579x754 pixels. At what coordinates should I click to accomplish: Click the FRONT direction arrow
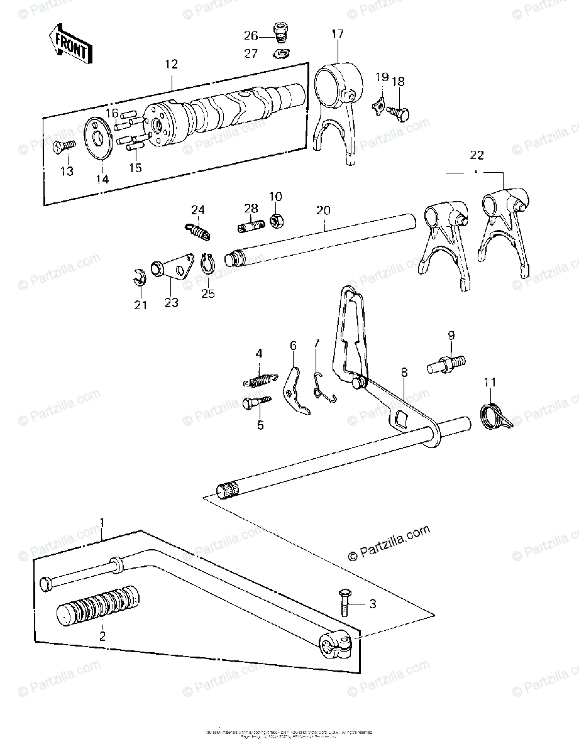point(71,43)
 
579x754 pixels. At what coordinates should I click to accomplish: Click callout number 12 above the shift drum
point(171,63)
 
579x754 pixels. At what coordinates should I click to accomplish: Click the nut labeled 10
point(275,221)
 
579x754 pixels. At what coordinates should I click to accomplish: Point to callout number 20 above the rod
point(322,210)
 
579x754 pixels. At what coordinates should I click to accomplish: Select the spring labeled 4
point(258,380)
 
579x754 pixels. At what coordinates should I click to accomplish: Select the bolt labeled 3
point(345,603)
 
